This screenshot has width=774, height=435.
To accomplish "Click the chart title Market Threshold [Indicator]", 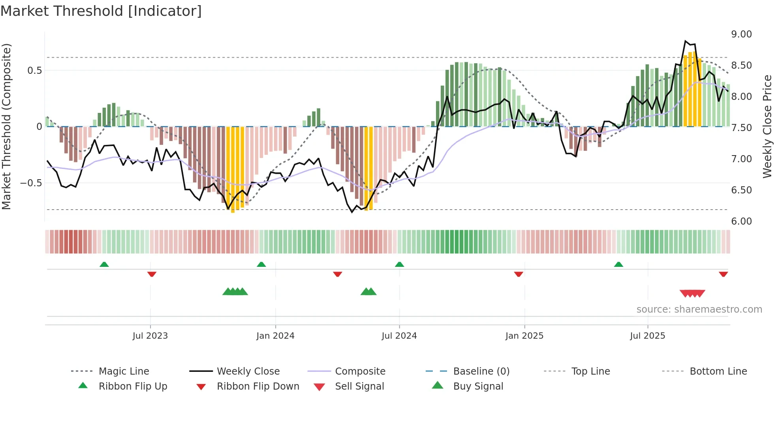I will click(x=101, y=11).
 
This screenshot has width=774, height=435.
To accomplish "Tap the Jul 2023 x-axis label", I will click(x=150, y=336).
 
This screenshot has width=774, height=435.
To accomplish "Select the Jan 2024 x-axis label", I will click(x=275, y=336).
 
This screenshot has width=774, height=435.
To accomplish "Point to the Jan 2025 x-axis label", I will click(x=524, y=336).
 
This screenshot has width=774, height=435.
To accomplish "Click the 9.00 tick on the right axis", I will click(x=741, y=34).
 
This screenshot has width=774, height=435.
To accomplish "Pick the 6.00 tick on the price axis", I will click(x=741, y=221).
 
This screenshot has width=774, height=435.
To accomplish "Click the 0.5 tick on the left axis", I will click(x=34, y=71).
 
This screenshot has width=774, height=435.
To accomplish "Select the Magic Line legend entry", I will click(x=124, y=371).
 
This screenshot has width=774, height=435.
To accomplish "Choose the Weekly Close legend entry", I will click(x=248, y=371).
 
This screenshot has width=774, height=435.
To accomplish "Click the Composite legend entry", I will click(x=360, y=371).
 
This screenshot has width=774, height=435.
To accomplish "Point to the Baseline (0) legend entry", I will click(x=481, y=371).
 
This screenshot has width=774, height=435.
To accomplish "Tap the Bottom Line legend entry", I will click(x=718, y=371).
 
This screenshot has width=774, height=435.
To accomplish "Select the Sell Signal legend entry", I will click(x=359, y=386).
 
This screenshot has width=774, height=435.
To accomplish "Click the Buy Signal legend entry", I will click(x=478, y=386).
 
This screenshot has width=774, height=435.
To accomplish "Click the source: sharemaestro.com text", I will click(x=699, y=309).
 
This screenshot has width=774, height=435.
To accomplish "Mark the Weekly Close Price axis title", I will click(x=767, y=126).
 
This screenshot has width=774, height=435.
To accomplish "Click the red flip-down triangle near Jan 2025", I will click(x=519, y=274).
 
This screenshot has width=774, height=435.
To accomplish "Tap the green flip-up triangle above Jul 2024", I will click(x=399, y=264).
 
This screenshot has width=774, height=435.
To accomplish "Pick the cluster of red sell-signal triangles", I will click(x=692, y=293).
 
